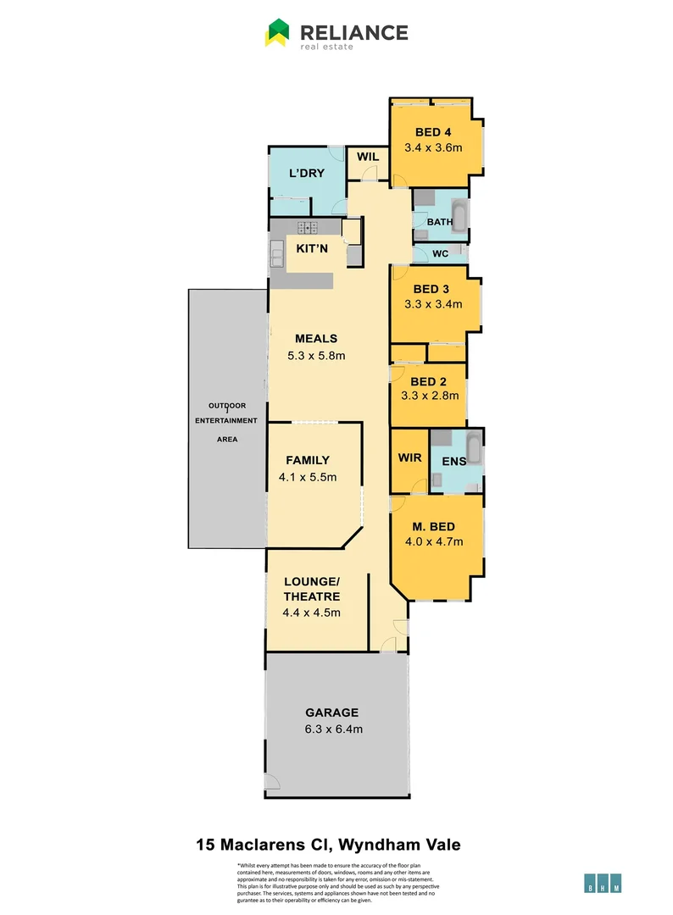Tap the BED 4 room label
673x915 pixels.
coord(432,132)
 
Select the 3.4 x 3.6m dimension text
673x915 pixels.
coord(432,147)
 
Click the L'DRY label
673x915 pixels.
coord(307,174)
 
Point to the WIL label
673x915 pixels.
coord(367,157)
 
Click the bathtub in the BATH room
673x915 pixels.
coord(458,219)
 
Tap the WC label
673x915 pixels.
coord(440,252)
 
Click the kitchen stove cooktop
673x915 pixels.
coord(307,227)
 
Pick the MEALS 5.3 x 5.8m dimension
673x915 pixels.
coord(316,356)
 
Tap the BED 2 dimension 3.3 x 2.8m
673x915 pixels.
coord(430,395)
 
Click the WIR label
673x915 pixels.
coord(410,457)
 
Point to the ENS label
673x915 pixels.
coord(454,462)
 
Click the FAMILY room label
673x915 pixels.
coord(307,460)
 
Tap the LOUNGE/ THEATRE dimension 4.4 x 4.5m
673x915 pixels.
coord(311,613)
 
